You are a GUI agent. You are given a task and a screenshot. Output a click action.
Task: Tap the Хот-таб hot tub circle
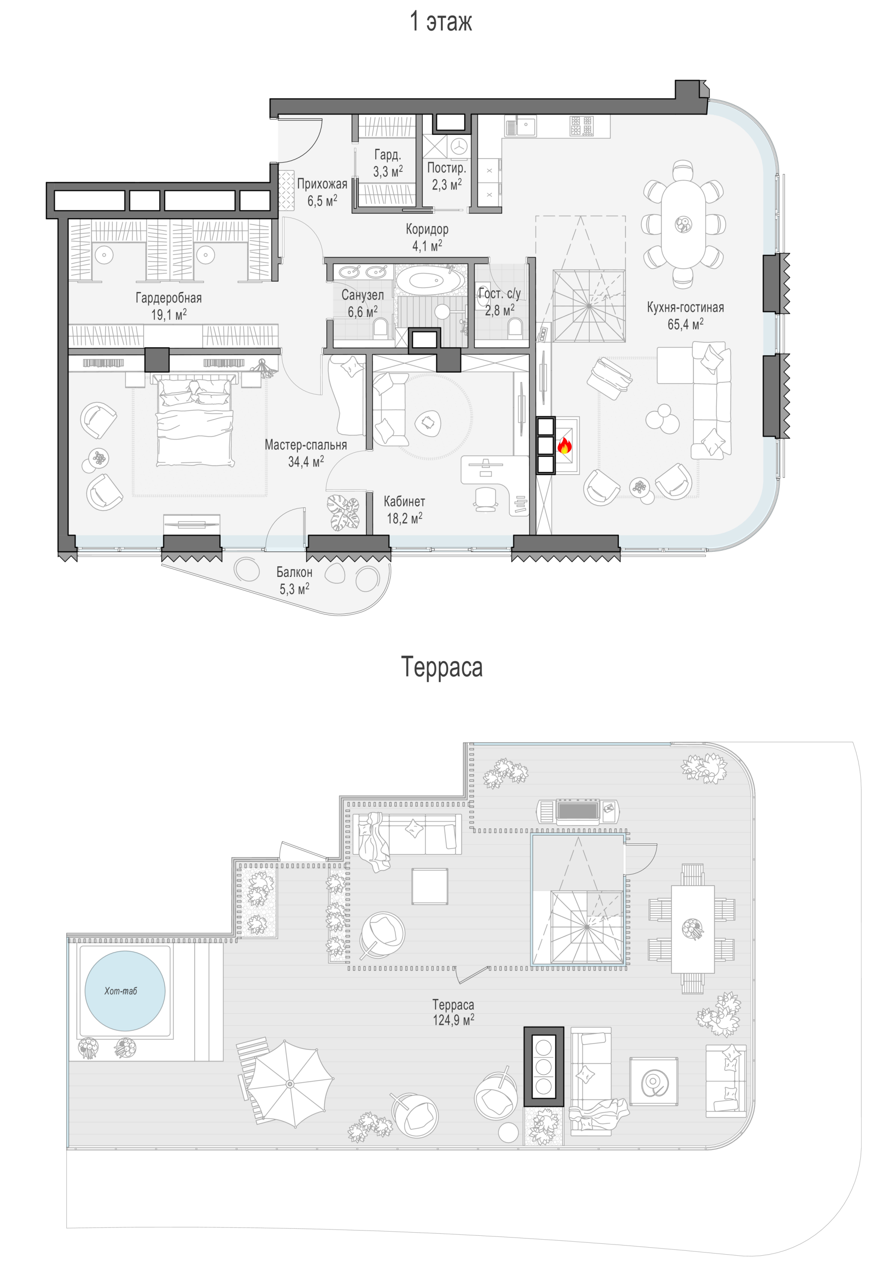(x=125, y=991)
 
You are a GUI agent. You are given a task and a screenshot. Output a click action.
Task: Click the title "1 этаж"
(x=440, y=22)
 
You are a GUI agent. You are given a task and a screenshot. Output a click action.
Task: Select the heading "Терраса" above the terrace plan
(x=442, y=666)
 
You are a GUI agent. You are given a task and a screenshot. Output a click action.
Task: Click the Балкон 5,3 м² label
(x=294, y=580)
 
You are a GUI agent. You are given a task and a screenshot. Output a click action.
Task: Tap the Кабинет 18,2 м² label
(x=405, y=510)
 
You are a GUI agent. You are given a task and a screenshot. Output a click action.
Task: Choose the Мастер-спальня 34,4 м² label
(x=306, y=453)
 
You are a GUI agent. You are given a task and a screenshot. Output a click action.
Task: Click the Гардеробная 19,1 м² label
(x=169, y=307)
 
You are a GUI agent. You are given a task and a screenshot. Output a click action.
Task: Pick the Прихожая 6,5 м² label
(x=322, y=192)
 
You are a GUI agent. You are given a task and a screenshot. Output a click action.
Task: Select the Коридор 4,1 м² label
(x=427, y=237)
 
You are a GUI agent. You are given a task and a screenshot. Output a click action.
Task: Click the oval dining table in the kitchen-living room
(x=683, y=224)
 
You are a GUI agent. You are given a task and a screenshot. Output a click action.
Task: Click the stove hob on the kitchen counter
(x=582, y=126)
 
